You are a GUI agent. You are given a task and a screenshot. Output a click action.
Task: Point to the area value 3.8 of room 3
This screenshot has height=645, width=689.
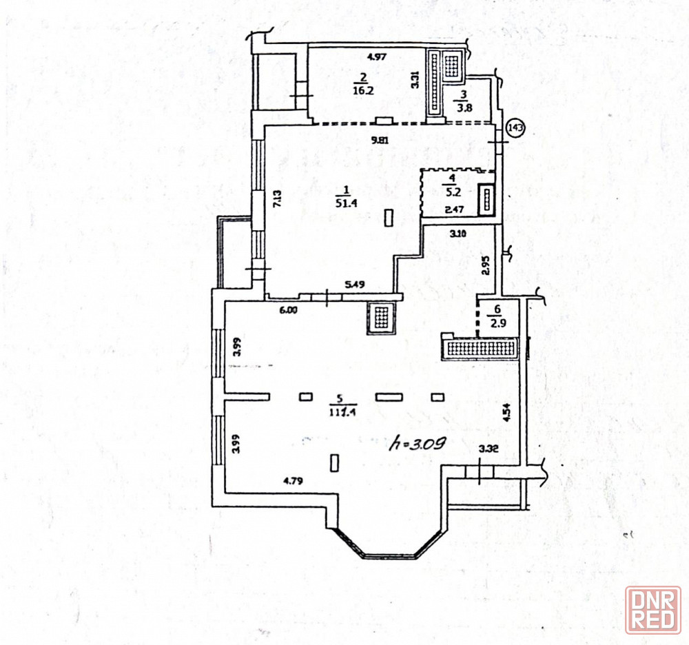click(462, 107)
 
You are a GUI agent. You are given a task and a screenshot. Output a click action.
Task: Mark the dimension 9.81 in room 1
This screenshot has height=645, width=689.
click(380, 141)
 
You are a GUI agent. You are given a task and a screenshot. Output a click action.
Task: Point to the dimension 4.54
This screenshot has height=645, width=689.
click(507, 411)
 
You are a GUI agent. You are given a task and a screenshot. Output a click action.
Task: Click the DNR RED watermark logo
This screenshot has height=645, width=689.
click(652, 609)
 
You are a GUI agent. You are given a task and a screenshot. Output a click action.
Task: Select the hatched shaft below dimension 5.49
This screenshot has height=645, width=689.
click(381, 318)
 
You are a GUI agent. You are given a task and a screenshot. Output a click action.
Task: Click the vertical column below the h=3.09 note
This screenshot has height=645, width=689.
click(335, 462)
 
